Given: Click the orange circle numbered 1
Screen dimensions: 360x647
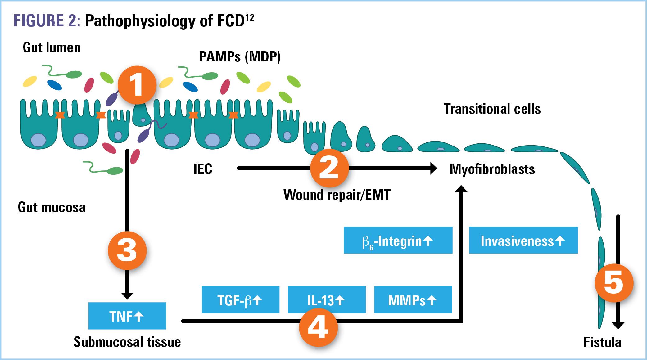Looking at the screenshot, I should pos(137,85).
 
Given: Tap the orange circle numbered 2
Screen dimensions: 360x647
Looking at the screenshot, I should pos(329,169).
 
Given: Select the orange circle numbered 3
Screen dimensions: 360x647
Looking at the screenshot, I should pos(127,251).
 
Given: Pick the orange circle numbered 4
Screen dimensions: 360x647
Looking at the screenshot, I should pos(318,327).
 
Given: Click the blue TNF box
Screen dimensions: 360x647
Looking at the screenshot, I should pos(127,316).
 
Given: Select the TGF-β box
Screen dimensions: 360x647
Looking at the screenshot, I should pos(240,299).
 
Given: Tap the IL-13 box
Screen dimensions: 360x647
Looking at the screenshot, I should pos(327,299).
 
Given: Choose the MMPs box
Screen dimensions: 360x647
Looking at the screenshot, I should pos(413,299).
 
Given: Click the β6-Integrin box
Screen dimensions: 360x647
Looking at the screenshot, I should pos(398,240).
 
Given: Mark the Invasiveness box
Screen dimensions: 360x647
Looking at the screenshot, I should pos(523,240).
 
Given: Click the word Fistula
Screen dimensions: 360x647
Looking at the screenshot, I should pos(602,342).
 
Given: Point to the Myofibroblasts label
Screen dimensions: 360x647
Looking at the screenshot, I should pos(492,169).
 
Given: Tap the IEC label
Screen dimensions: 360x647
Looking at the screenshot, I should pos(203,169).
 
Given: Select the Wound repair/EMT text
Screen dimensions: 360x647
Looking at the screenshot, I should pos(337,195).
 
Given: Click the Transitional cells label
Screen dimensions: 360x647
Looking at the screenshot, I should pos(492,109).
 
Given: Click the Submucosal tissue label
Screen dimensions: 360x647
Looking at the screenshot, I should pos(127,342).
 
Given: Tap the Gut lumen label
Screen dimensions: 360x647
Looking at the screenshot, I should pos(52,47).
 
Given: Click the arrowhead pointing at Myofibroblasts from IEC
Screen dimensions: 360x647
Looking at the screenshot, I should pos(432,169).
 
